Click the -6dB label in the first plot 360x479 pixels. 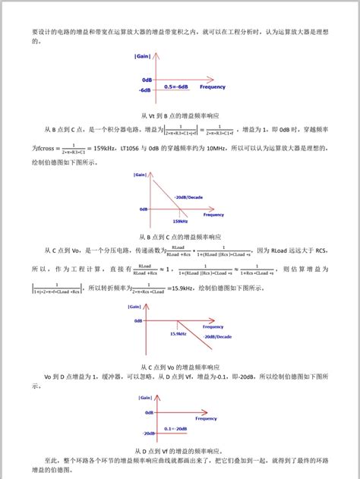146,90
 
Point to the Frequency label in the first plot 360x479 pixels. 212,87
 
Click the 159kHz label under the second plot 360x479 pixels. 179,222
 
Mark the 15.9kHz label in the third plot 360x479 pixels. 178,333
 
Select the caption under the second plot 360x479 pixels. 179,236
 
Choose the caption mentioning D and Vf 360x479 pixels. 179,449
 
